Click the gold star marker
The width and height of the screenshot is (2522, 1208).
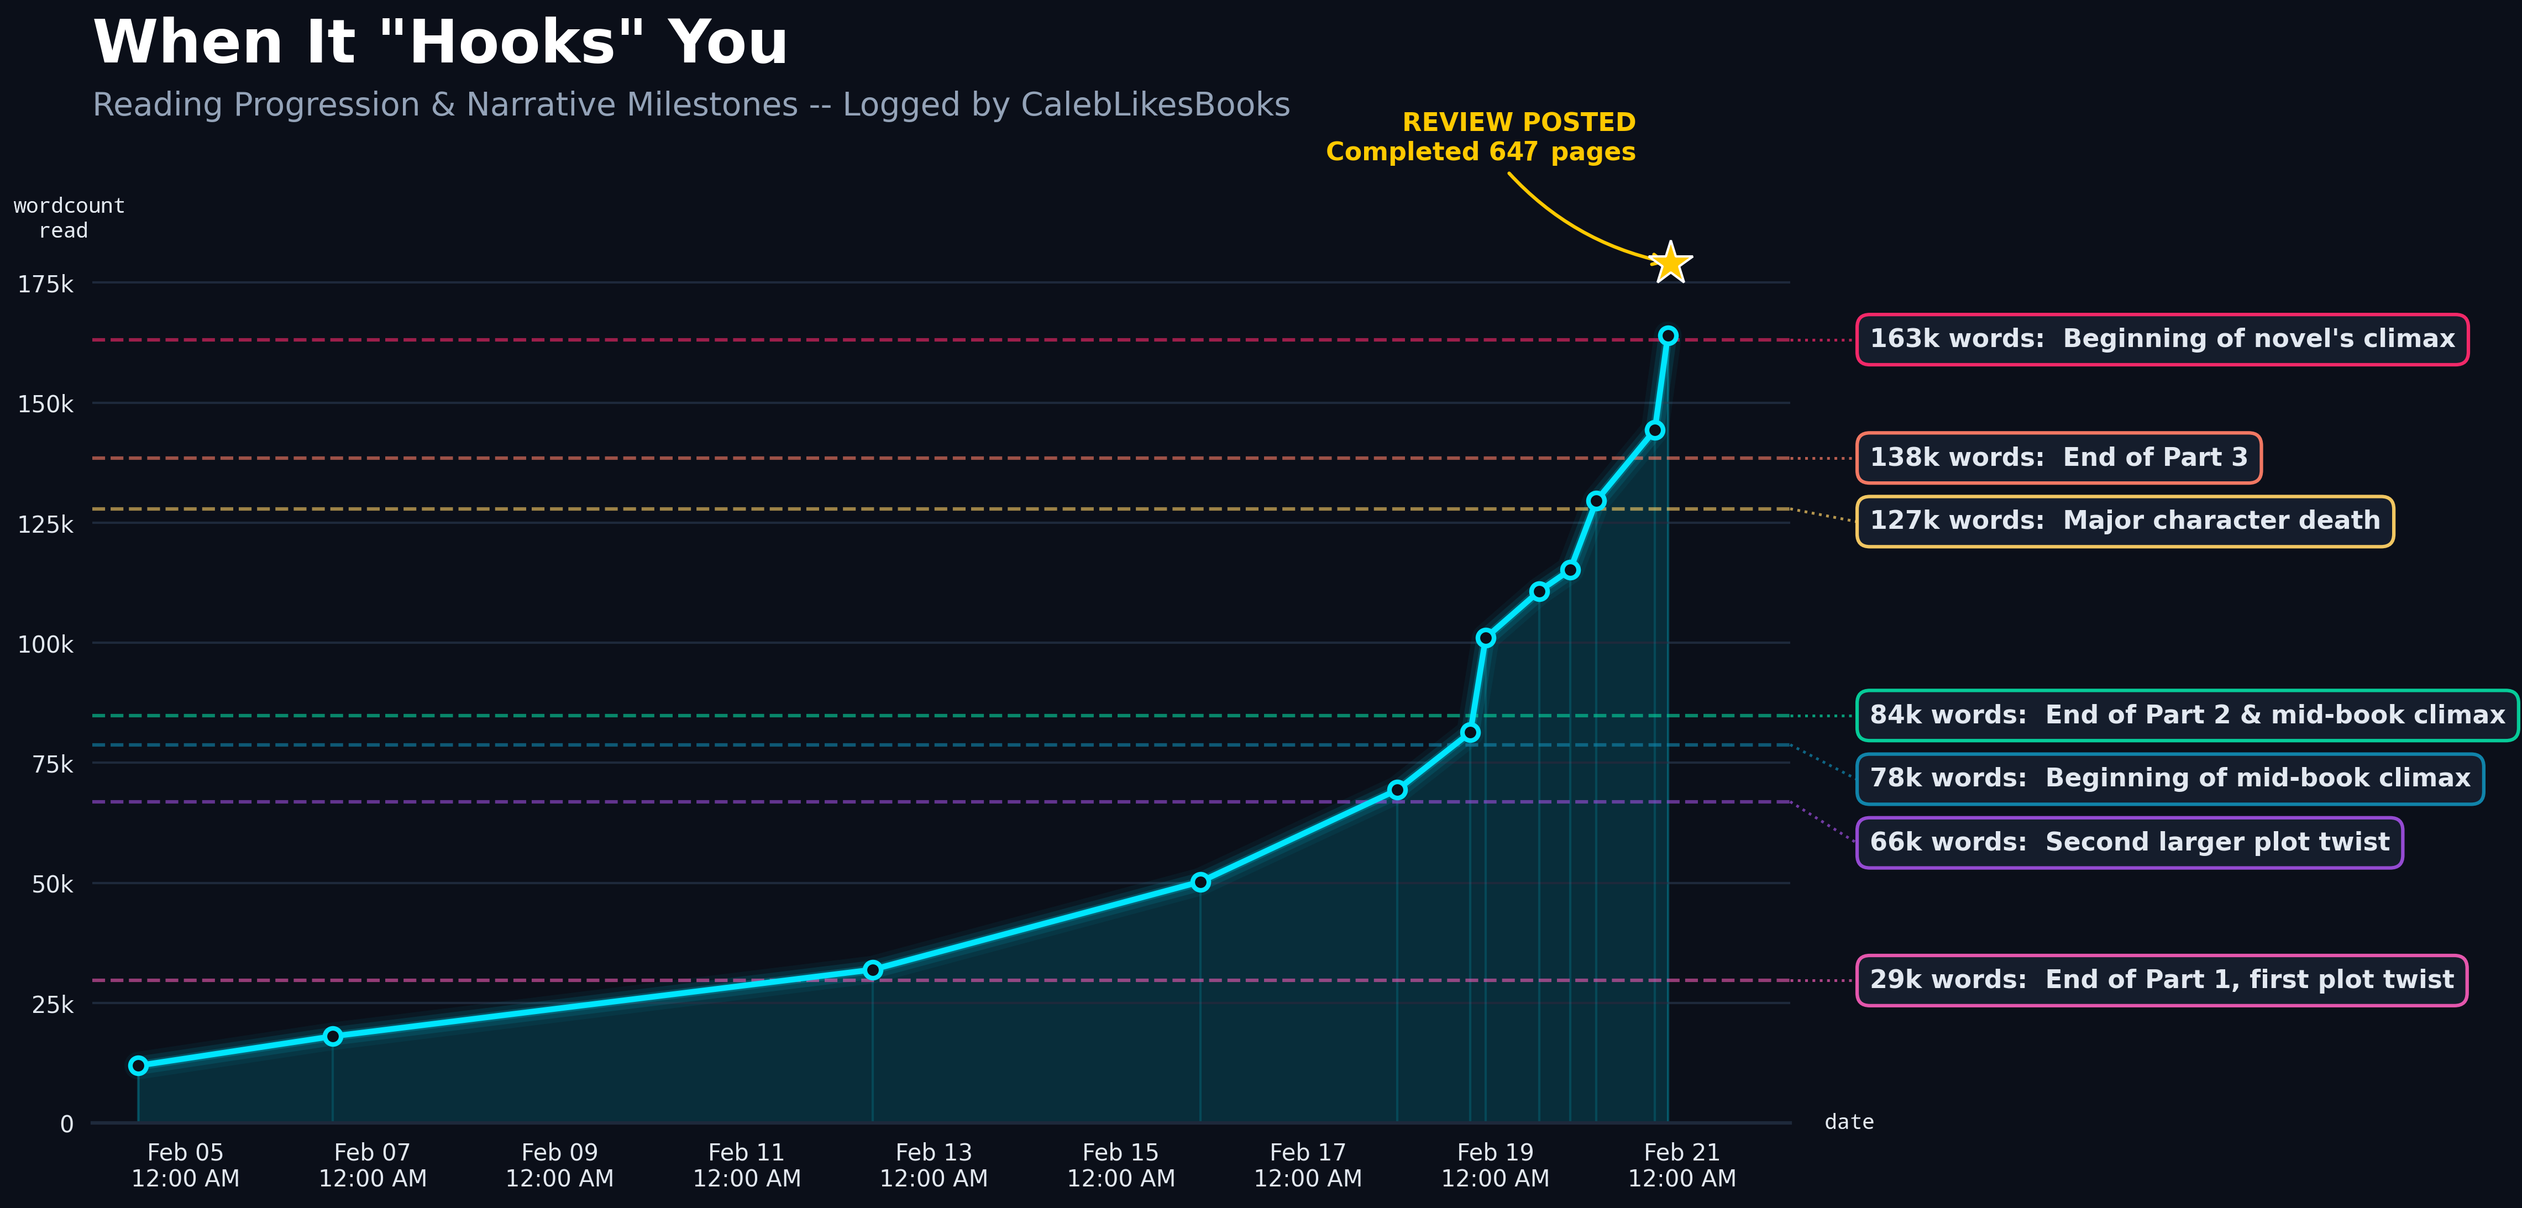[x=1669, y=262]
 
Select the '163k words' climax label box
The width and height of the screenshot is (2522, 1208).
[x=2162, y=339]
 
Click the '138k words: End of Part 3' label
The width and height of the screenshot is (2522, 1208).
[x=2058, y=457]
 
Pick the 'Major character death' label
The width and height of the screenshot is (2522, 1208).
[x=2125, y=521]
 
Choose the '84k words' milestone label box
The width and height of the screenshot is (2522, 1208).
[x=2186, y=715]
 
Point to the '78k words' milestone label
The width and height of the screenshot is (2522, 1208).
[x=2169, y=778]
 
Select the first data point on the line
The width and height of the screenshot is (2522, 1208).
[x=138, y=1065]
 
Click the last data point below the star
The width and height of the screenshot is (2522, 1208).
[x=1668, y=336]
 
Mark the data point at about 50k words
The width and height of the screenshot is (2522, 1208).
[x=1200, y=882]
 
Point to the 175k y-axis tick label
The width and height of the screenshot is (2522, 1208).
[x=45, y=284]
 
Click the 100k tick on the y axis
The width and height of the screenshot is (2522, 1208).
[x=45, y=644]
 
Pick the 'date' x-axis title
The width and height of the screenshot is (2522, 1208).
[x=1848, y=1122]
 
